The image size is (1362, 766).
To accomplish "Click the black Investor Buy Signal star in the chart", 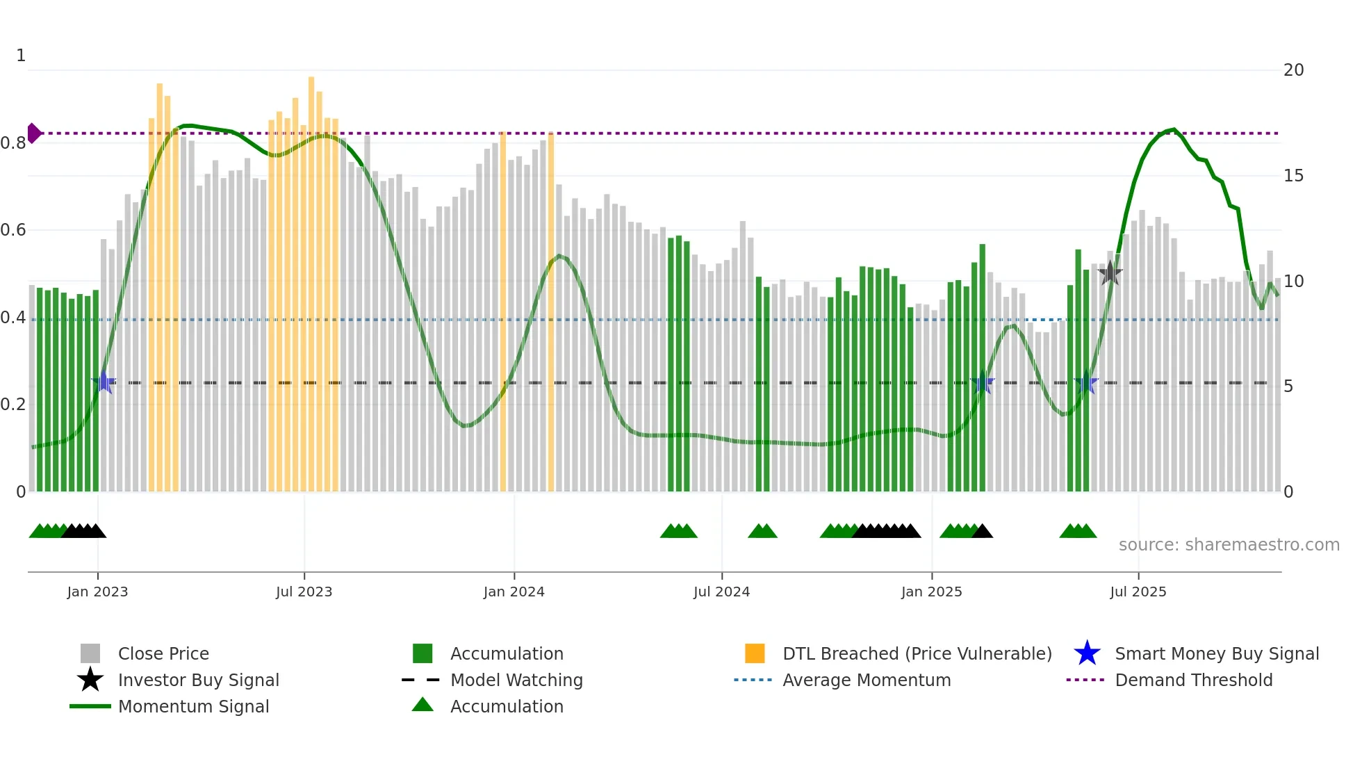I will pyautogui.click(x=1110, y=273).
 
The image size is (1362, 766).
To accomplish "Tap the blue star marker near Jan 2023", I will pyautogui.click(x=104, y=382).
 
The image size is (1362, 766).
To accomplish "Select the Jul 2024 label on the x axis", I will pyautogui.click(x=721, y=592).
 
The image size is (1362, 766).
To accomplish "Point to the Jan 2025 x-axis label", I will pyautogui.click(x=931, y=592).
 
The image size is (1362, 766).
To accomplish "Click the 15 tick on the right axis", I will pyautogui.click(x=1293, y=176).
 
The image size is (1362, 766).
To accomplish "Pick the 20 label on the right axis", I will pyautogui.click(x=1293, y=70).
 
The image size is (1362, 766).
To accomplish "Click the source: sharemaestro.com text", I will pyautogui.click(x=1229, y=545).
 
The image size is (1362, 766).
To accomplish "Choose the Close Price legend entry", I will pyautogui.click(x=163, y=653).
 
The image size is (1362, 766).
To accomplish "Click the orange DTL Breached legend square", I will pyautogui.click(x=755, y=653).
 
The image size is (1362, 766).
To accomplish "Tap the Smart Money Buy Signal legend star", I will pyautogui.click(x=1087, y=653).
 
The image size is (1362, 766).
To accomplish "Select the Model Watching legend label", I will pyautogui.click(x=516, y=680).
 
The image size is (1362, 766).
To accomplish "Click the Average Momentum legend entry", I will pyautogui.click(x=866, y=680).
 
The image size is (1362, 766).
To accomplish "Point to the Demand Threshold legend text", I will pyautogui.click(x=1193, y=680).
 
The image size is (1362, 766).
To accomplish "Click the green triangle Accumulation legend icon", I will pyautogui.click(x=422, y=706).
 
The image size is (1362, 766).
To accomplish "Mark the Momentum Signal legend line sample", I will pyautogui.click(x=90, y=706).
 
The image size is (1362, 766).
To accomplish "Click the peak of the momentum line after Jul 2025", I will pyautogui.click(x=1173, y=129).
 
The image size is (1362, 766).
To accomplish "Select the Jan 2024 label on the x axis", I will pyautogui.click(x=514, y=592).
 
